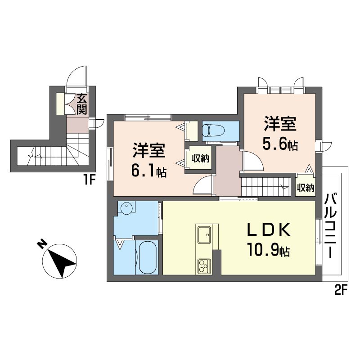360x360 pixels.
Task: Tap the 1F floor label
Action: (89, 180)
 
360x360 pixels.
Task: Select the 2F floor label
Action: (341, 290)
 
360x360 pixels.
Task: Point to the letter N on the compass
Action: (41, 244)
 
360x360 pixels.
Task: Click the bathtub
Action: (148, 257)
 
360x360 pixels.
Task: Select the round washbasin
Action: (127, 208)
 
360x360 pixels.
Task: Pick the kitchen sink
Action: (204, 234)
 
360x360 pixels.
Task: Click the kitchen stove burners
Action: (204, 265)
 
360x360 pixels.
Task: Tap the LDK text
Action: (268, 229)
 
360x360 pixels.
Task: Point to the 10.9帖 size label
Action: (268, 250)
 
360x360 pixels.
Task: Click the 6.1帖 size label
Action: (149, 171)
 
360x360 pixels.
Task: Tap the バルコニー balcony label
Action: (330, 226)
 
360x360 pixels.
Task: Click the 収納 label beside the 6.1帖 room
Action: (201, 158)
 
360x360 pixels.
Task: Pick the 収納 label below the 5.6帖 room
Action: (306, 188)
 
